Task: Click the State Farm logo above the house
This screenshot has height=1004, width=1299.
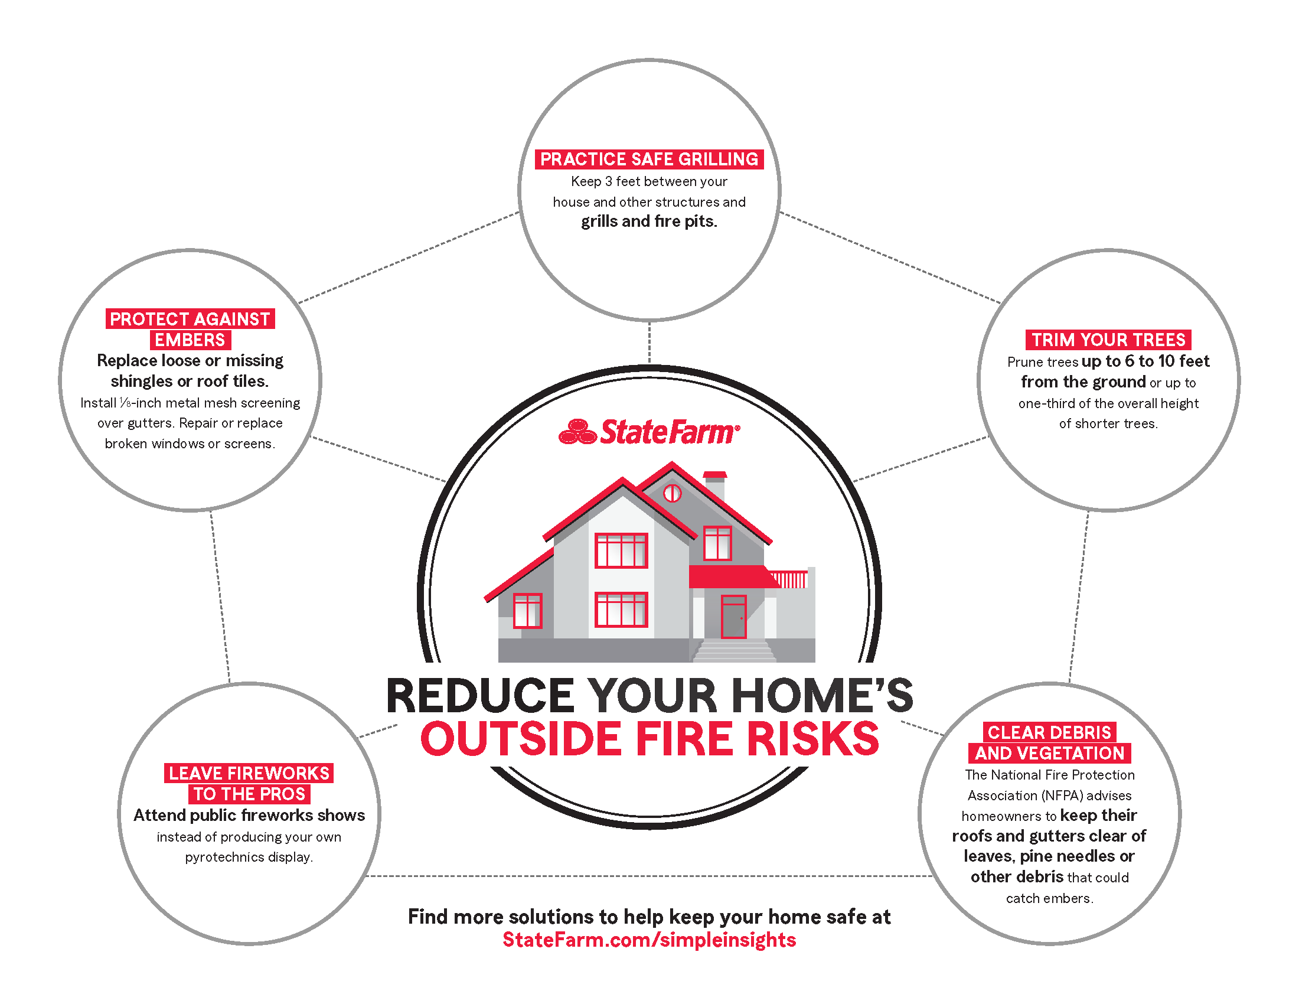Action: pos(649,431)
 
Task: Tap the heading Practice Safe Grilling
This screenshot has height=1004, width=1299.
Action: pos(649,159)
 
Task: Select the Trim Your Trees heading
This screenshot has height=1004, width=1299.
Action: pos(1108,340)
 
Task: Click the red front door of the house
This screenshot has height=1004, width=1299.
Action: pos(733,616)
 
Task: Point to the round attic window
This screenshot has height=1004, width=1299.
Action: pos(672,493)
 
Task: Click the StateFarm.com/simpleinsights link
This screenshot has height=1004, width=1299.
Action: pos(649,940)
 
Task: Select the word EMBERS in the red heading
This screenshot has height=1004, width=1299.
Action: pos(190,340)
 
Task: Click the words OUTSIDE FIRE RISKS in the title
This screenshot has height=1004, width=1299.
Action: pos(649,738)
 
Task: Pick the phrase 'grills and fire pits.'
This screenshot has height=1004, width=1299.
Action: pos(649,221)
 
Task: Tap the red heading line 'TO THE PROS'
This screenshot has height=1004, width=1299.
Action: pos(249,794)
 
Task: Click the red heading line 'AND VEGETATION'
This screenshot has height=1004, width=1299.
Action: pos(1049,753)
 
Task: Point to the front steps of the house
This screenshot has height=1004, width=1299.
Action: pos(735,650)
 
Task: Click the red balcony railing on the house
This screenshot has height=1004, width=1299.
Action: pos(789,579)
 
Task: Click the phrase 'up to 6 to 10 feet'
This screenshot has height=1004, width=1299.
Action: pos(1145,361)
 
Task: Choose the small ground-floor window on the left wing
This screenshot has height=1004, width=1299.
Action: pos(527,610)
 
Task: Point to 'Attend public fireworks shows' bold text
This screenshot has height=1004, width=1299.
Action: pos(249,815)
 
